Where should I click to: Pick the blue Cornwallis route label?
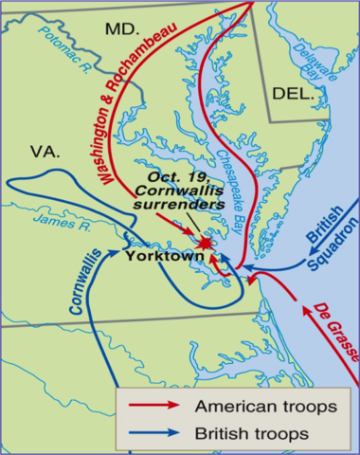point(79,283)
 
